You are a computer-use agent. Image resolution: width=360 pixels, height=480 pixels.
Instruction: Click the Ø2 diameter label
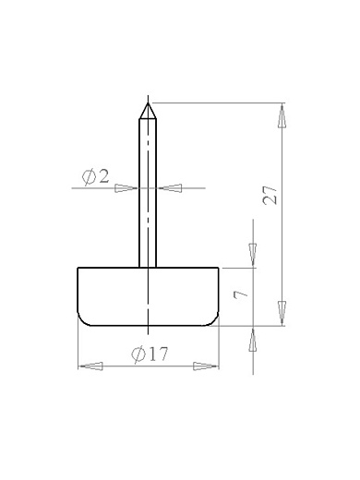tap(95, 177)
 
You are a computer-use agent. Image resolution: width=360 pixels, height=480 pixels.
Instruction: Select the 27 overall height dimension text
tap(270, 195)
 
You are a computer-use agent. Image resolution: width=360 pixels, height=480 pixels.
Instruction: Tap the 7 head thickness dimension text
tap(241, 294)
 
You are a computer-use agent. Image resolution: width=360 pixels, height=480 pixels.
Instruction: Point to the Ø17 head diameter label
tap(150, 354)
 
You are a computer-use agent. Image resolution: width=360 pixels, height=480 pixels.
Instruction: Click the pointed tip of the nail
tap(148, 103)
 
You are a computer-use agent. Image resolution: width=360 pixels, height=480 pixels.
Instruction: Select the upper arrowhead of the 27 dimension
tap(282, 115)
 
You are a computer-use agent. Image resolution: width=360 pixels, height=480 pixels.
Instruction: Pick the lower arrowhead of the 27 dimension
tap(282, 313)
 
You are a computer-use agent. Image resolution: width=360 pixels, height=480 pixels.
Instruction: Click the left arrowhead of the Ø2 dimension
tap(126, 188)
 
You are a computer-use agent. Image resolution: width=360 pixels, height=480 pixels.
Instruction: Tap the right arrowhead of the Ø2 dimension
tap(170, 188)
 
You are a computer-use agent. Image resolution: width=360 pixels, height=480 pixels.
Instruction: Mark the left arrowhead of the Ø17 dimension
tap(90, 366)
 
